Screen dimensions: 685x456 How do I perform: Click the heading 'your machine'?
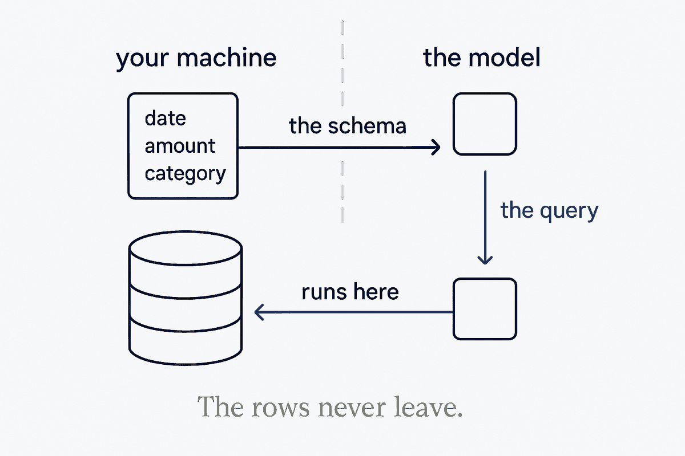196,59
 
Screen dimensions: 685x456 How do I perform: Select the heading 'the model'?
482,58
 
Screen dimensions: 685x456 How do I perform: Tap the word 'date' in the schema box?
165,118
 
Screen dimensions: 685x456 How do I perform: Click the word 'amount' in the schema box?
180,146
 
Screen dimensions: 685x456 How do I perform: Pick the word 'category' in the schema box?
186,174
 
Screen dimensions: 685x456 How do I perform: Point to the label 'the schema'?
348,125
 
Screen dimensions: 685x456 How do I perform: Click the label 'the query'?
549,211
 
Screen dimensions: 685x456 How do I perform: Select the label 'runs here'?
350,292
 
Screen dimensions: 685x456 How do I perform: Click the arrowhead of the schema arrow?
436,148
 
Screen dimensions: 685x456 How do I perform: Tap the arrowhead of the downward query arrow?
485,260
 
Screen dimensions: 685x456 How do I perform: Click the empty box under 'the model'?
485,93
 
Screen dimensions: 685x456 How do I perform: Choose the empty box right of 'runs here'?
485,279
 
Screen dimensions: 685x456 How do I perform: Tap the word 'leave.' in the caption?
428,406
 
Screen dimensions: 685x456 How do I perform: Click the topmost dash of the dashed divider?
342,27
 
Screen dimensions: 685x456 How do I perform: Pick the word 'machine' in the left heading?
227,58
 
